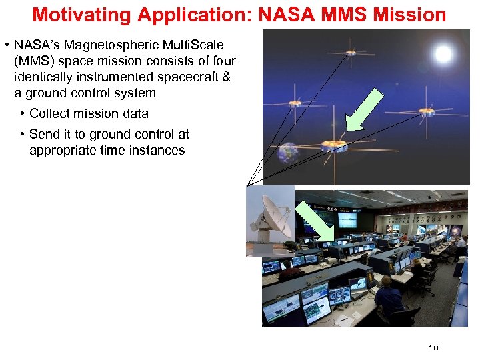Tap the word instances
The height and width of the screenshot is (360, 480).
[157, 150]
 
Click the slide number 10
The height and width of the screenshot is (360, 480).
[433, 347]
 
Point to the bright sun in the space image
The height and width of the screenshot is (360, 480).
[441, 53]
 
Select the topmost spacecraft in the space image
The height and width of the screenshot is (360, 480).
[350, 49]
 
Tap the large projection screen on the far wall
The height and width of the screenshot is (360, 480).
[347, 219]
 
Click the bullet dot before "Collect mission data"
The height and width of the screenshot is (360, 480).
[23, 113]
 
